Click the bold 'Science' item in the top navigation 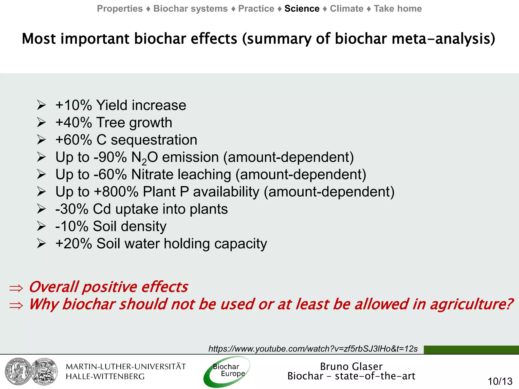tap(302, 9)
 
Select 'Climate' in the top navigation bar tap(346, 9)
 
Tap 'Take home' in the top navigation tap(398, 9)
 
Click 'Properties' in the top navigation tap(120, 9)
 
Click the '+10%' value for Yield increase tap(73, 105)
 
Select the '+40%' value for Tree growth tap(73, 123)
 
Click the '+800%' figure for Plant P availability tap(116, 192)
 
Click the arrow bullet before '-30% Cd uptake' tap(41, 209)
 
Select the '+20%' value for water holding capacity tap(73, 244)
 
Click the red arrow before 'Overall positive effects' tap(16, 288)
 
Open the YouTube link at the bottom tap(313, 349)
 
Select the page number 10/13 tap(500, 381)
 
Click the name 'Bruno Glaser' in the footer tap(351, 366)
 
